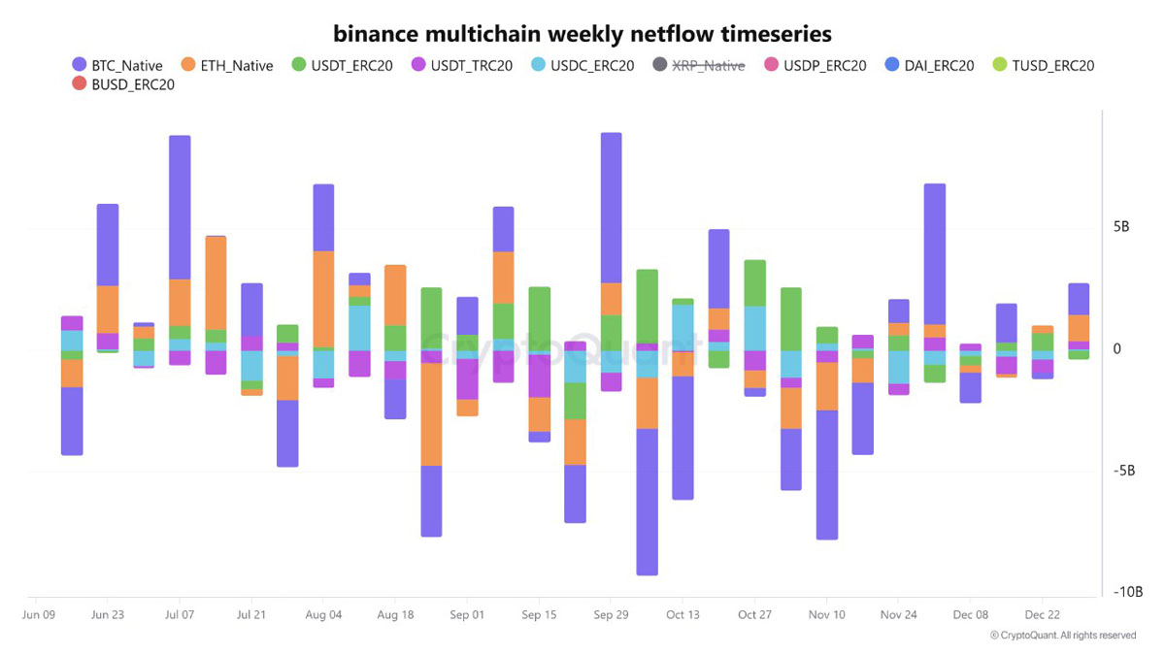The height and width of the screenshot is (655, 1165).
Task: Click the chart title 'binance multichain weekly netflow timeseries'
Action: tap(582, 34)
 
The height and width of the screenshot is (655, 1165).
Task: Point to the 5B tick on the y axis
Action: tap(1121, 227)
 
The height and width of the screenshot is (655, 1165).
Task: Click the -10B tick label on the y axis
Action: tap(1127, 592)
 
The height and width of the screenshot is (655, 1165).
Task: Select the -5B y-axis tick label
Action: tap(1123, 471)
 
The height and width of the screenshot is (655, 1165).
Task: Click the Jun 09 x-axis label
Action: tap(38, 615)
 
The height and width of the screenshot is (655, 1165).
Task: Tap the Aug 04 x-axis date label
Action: tap(323, 615)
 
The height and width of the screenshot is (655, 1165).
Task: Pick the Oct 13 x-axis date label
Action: tap(682, 615)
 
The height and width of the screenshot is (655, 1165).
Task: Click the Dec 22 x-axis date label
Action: tap(1042, 615)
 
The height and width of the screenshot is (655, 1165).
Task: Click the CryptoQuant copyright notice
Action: tap(1063, 636)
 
